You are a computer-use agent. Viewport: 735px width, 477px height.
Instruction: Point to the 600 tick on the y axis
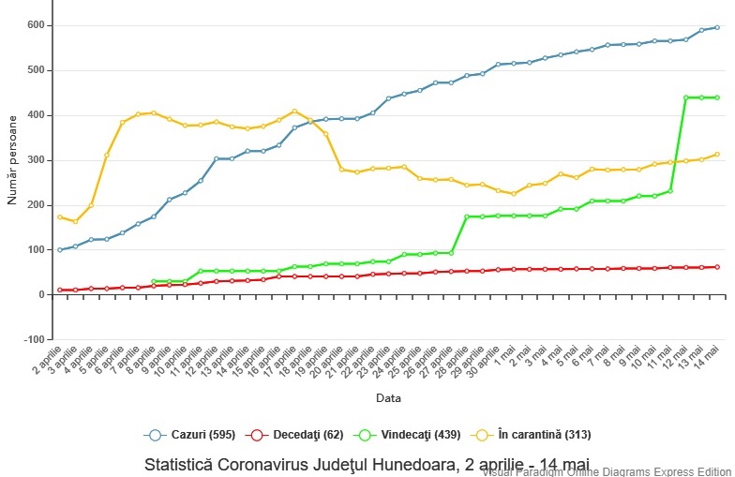click(35, 25)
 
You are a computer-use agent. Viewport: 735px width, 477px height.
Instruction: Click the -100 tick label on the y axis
click(32, 339)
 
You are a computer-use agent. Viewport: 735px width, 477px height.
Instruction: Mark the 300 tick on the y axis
click(35, 160)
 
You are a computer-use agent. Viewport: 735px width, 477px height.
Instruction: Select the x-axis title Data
click(388, 398)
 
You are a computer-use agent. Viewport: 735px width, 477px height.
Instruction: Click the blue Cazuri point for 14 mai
click(717, 27)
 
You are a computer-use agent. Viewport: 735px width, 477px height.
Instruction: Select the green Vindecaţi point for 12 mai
click(686, 97)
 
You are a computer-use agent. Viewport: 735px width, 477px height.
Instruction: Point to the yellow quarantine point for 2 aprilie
click(60, 217)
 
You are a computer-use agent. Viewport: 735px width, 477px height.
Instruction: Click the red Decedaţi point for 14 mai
click(717, 267)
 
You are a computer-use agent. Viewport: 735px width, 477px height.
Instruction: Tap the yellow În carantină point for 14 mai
click(717, 155)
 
